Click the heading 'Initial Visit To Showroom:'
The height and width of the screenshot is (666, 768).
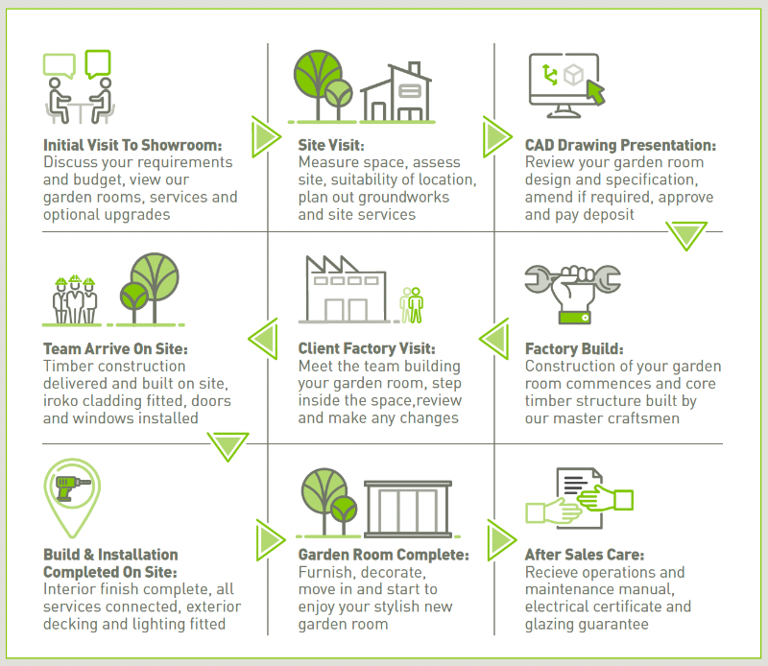(x=132, y=146)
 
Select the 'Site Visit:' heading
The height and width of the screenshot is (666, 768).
(x=331, y=146)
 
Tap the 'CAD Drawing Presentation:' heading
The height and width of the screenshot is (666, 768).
(x=620, y=146)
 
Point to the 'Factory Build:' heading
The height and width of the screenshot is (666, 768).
(x=574, y=349)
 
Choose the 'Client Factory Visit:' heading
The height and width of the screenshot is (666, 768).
(x=367, y=349)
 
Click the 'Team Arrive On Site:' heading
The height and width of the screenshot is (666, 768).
(x=115, y=349)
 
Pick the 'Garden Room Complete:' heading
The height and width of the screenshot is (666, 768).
(x=383, y=555)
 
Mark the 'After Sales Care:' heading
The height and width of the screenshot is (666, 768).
(x=585, y=555)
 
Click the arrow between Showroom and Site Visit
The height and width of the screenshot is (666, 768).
(x=264, y=137)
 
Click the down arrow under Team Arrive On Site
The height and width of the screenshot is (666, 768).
(x=228, y=445)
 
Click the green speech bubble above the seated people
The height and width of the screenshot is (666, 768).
(x=98, y=63)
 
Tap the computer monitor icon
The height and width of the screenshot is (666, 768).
(x=564, y=79)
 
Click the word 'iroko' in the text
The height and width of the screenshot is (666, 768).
(x=62, y=400)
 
